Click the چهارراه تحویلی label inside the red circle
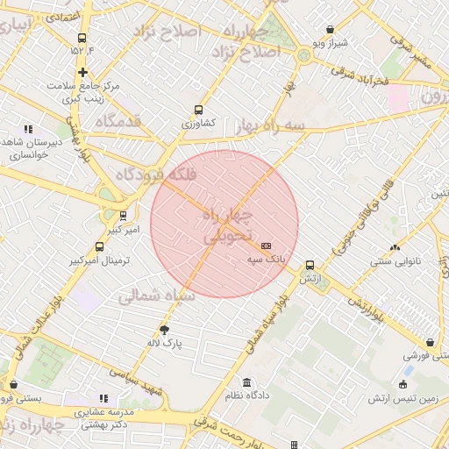(x=226, y=225)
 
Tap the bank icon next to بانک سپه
(x=267, y=246)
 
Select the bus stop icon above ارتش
(x=310, y=265)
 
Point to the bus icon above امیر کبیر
(x=122, y=215)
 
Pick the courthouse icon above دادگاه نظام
(x=246, y=383)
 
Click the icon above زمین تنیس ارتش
(x=403, y=384)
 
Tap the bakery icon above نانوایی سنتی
(x=395, y=247)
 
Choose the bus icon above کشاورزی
(x=198, y=110)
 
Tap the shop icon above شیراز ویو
(x=330, y=29)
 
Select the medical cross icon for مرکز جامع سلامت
(x=82, y=72)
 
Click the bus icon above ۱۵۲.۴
(x=82, y=38)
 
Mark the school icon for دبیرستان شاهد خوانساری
(x=28, y=129)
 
